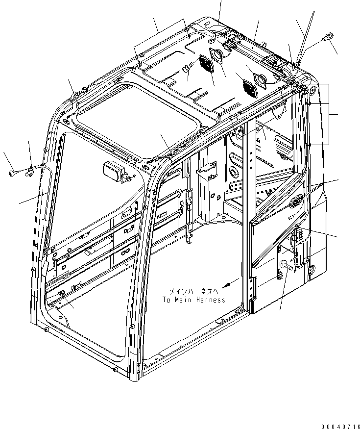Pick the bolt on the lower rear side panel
tap(287, 266)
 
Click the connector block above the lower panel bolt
tap(295, 239)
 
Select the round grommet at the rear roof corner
tap(312, 90)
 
